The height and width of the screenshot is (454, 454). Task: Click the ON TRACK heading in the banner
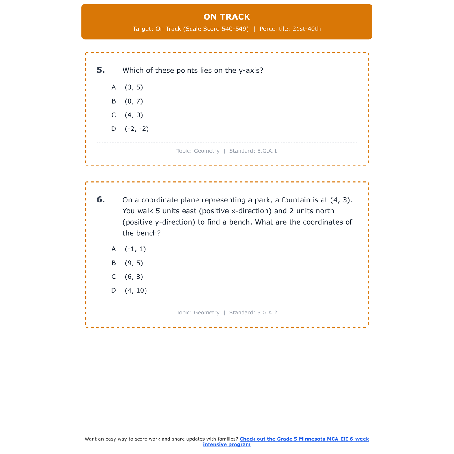(x=227, y=17)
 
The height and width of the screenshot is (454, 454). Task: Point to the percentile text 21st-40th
(x=306, y=29)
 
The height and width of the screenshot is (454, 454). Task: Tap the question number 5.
(x=101, y=70)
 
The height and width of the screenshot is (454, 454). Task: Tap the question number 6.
(x=101, y=200)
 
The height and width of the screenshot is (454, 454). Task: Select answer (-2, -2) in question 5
(x=137, y=129)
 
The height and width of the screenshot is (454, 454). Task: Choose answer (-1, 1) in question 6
(x=135, y=249)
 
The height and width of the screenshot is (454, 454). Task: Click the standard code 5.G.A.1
(x=267, y=151)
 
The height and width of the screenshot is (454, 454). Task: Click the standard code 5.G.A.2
(x=267, y=313)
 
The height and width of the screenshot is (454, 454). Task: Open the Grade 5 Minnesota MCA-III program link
(x=304, y=439)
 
